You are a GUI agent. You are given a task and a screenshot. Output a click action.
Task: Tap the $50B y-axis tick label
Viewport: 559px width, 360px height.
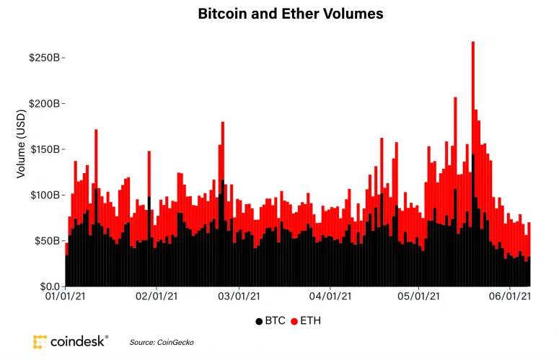[x=48, y=241]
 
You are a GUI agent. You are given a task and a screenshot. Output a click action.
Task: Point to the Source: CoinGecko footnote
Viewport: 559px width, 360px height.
[x=162, y=341]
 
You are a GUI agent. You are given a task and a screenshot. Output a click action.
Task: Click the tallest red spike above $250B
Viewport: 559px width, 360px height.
[x=472, y=54]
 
